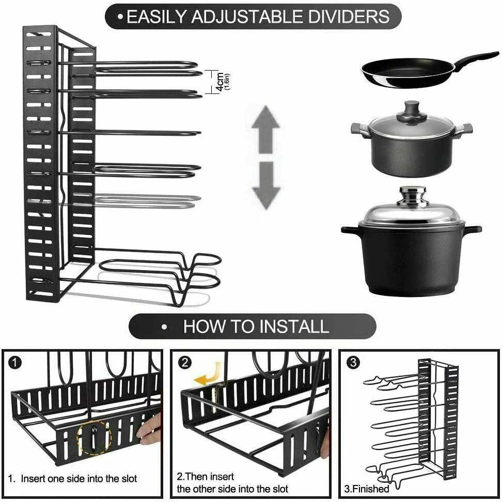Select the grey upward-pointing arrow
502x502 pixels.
click(265, 129)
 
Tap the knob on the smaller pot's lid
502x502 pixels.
click(412, 109)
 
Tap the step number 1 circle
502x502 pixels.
click(14, 363)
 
